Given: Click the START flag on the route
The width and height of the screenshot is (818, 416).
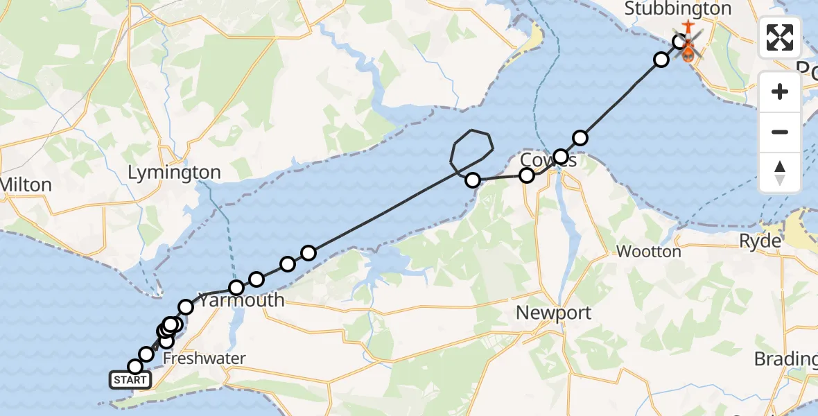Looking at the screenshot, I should (130, 380).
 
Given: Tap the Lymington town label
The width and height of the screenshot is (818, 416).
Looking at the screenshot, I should (175, 173).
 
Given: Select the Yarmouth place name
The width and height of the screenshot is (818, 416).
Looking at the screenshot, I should (242, 300).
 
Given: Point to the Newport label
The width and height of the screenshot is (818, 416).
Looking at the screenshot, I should (554, 313).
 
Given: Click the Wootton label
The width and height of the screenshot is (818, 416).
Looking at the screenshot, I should (649, 252).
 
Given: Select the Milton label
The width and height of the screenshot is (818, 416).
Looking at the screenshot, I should (26, 185).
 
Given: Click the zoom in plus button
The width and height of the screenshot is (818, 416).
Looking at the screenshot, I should (780, 92).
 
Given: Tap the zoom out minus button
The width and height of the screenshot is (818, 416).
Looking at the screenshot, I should (780, 132).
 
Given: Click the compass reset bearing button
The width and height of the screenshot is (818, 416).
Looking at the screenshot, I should (780, 172).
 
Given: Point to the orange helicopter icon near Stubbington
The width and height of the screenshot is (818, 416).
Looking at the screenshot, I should (688, 50).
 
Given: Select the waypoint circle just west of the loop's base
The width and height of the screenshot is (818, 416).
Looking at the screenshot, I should (473, 180).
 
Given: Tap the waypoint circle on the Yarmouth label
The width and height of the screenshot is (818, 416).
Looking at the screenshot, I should (237, 288).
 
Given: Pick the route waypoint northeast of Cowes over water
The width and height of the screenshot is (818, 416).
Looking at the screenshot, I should (580, 138).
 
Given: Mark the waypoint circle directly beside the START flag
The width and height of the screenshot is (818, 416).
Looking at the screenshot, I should (136, 367).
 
